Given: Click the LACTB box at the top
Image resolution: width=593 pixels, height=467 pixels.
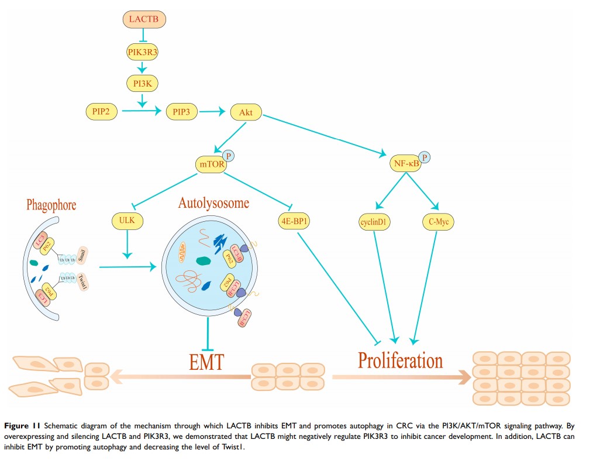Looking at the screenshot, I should point(144,20).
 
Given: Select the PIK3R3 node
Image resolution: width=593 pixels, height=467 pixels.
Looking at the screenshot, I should point(143,53).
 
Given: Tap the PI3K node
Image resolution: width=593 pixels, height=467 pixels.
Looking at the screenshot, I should point(143,84).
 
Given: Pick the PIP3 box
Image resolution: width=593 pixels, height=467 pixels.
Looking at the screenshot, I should point(182,111).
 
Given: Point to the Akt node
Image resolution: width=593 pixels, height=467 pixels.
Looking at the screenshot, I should point(246,111).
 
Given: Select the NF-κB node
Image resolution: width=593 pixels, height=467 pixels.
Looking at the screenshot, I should point(404,165).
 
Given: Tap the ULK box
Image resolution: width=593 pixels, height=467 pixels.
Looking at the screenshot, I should point(127,221).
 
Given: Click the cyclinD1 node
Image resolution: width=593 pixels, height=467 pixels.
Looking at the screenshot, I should point(375,222).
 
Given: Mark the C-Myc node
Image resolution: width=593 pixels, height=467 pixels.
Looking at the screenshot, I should point(437,222).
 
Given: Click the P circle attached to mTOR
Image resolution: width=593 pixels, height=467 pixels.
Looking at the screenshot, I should point(229,156).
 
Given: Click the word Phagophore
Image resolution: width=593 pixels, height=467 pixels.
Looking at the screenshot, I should point(51,205).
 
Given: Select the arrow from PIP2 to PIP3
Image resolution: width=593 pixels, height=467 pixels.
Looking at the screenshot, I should point(137,111).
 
